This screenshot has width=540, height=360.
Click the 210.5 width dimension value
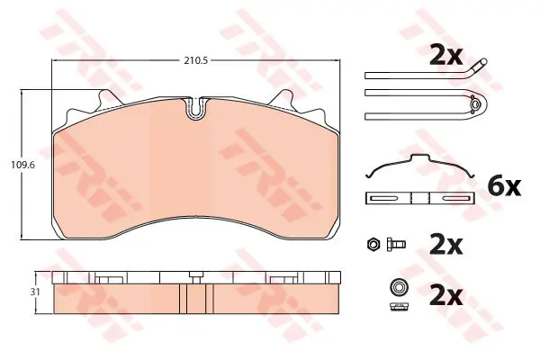pos(196,61)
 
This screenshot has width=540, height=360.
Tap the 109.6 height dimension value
pos(23,165)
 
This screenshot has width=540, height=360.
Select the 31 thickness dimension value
pos(35,292)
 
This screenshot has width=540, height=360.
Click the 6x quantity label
pos(504,186)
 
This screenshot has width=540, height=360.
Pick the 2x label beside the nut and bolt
pos(446,245)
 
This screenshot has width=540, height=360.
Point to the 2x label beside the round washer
pos(446,297)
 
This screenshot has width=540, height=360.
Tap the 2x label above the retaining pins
pos(446,57)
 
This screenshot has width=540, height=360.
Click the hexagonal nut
pos(373,244)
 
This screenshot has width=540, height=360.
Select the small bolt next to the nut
pos(396,244)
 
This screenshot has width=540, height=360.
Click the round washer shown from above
pos(400,286)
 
